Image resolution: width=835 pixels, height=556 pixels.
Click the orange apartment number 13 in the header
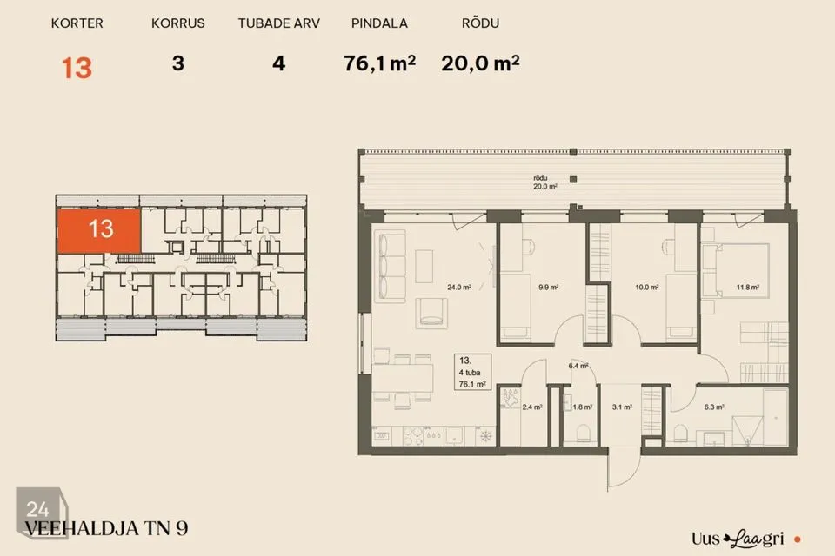(x=77, y=68)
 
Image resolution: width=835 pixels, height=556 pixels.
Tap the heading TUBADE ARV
(x=278, y=23)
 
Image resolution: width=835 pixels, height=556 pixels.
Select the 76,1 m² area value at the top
(x=379, y=63)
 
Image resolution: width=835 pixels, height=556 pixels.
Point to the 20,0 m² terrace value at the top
(x=480, y=63)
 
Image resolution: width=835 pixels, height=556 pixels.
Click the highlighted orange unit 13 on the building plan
(x=99, y=230)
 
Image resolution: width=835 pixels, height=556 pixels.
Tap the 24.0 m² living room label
(x=459, y=288)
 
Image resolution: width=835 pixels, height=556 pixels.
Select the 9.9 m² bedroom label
(x=548, y=288)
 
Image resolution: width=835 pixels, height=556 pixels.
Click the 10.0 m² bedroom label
(x=646, y=288)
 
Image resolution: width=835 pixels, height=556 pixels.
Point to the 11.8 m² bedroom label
(x=748, y=288)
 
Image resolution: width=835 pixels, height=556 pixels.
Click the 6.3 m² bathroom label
(x=713, y=407)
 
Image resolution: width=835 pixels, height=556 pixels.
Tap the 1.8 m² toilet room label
(x=582, y=407)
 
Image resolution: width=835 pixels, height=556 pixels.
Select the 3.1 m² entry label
(x=621, y=407)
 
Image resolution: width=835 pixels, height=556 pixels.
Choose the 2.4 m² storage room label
(x=532, y=407)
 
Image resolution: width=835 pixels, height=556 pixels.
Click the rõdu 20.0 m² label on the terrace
(x=545, y=182)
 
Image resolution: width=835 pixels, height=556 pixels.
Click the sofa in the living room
(x=390, y=267)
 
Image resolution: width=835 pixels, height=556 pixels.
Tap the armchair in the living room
(x=431, y=314)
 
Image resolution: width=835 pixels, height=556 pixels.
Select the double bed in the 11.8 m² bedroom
(x=736, y=271)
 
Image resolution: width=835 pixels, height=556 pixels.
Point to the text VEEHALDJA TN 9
(x=106, y=528)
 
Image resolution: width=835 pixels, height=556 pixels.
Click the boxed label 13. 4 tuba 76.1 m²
(x=472, y=372)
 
